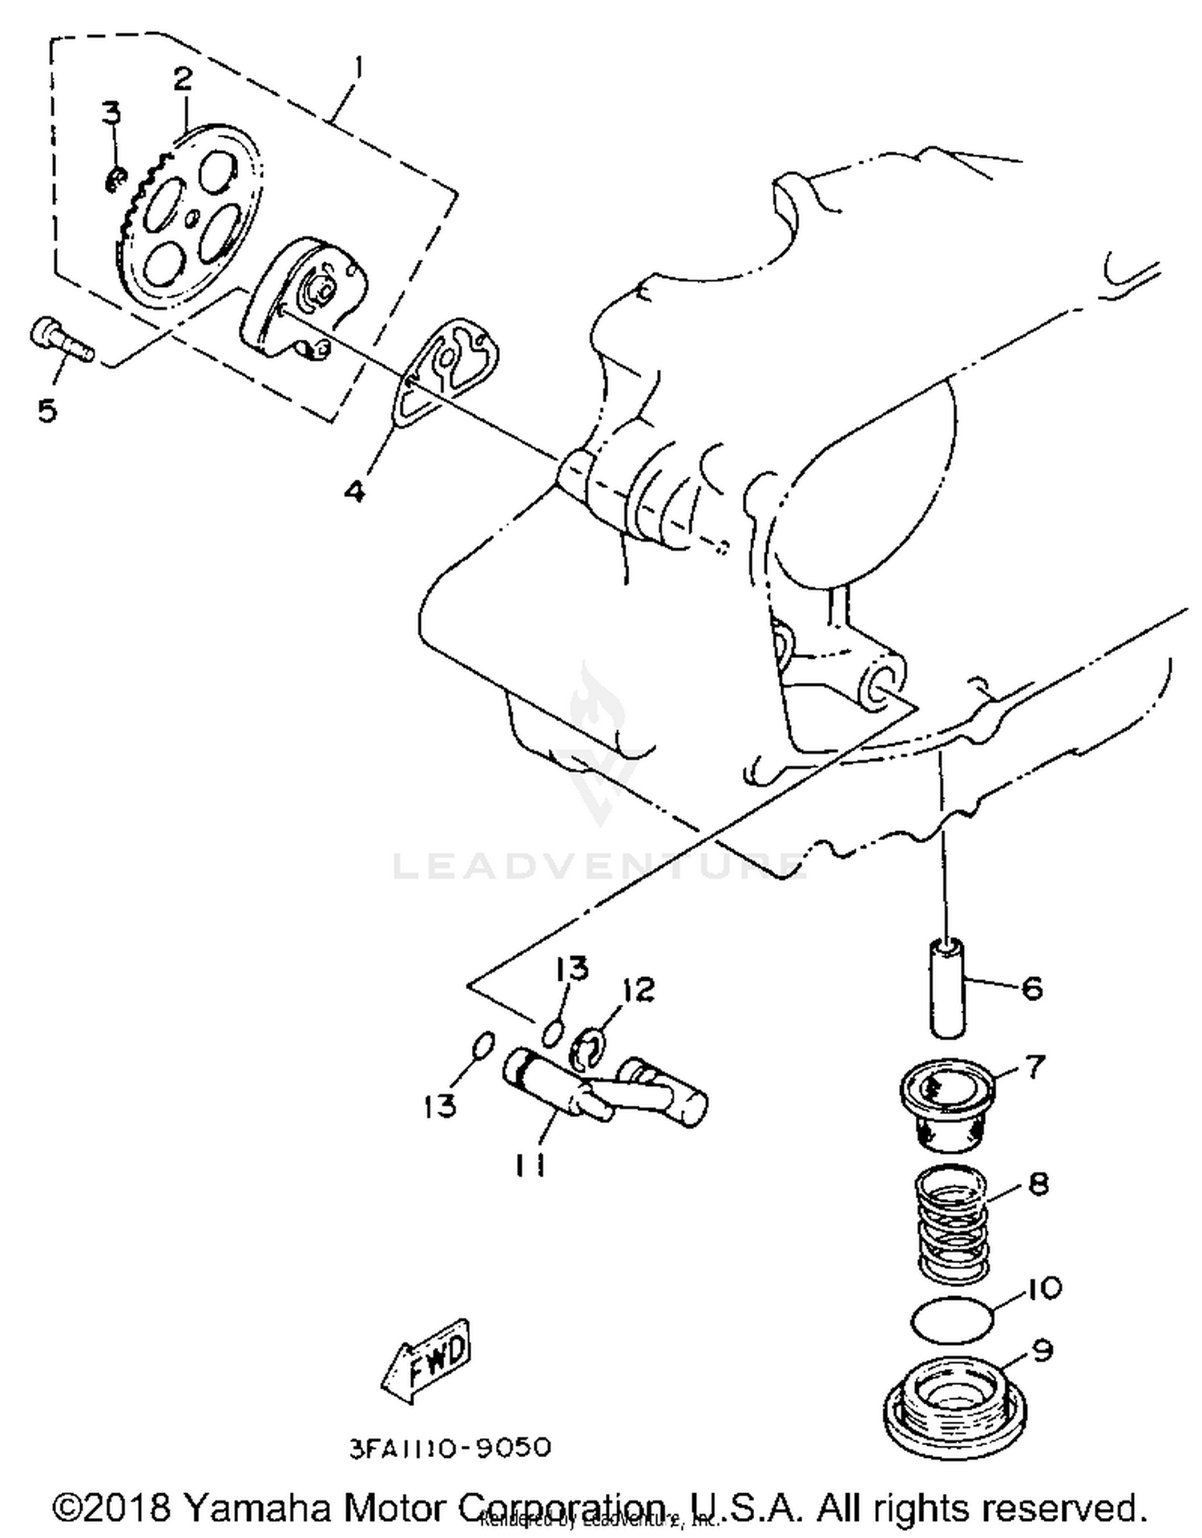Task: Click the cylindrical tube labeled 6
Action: click(946, 989)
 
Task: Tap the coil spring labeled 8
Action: click(951, 1221)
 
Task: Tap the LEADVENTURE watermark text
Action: click(597, 866)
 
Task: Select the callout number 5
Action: click(47, 410)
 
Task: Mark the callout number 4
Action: click(354, 490)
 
